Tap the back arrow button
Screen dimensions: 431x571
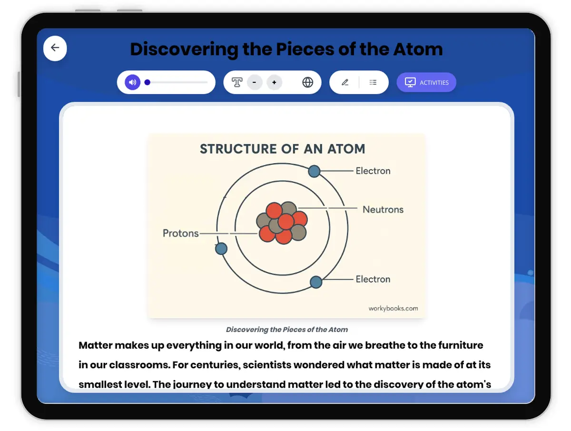[55, 48]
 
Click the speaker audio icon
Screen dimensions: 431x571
[133, 82]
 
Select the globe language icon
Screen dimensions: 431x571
[308, 82]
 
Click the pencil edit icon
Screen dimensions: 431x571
[345, 82]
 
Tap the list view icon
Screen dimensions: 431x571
[373, 82]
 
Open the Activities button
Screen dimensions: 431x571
[426, 82]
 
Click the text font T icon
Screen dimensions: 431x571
[237, 82]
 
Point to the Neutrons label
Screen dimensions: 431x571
[383, 209]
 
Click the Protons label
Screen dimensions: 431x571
[181, 233]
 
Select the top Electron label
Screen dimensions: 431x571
[373, 171]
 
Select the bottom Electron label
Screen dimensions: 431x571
[373, 279]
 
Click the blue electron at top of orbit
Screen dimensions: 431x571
[314, 171]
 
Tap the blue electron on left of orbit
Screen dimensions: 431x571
[221, 248]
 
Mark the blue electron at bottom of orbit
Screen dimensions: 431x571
[316, 282]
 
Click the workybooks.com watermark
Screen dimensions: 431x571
[393, 308]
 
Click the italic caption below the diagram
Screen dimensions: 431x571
[286, 329]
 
